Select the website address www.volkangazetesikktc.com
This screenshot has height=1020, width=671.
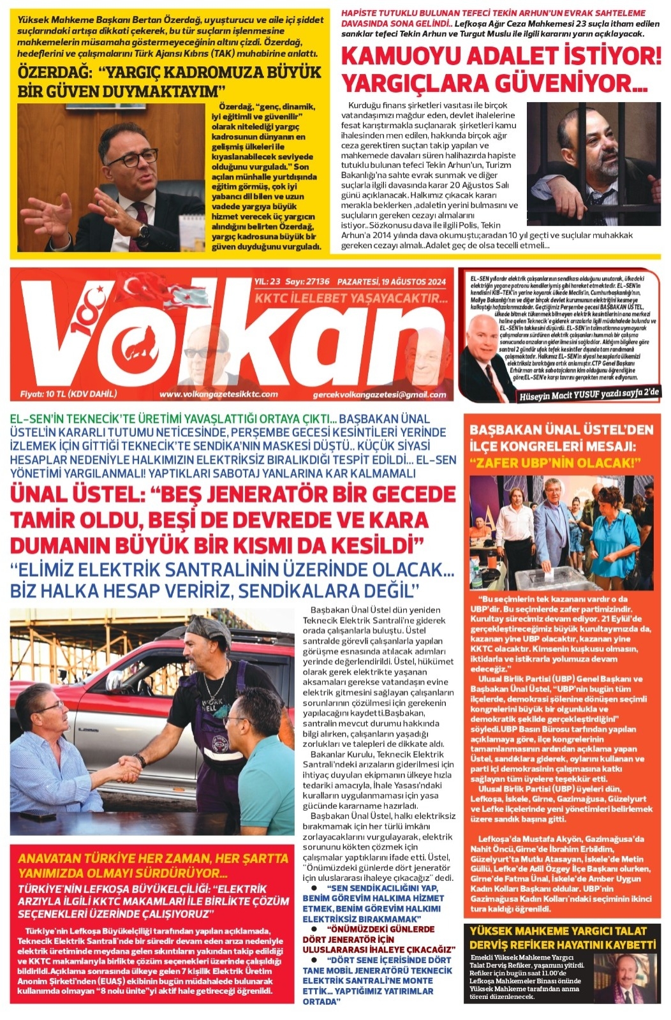pyautogui.click(x=218, y=394)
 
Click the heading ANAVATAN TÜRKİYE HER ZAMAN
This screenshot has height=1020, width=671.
pyautogui.click(x=153, y=859)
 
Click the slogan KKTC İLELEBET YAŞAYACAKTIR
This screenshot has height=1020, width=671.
pyautogui.click(x=351, y=299)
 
